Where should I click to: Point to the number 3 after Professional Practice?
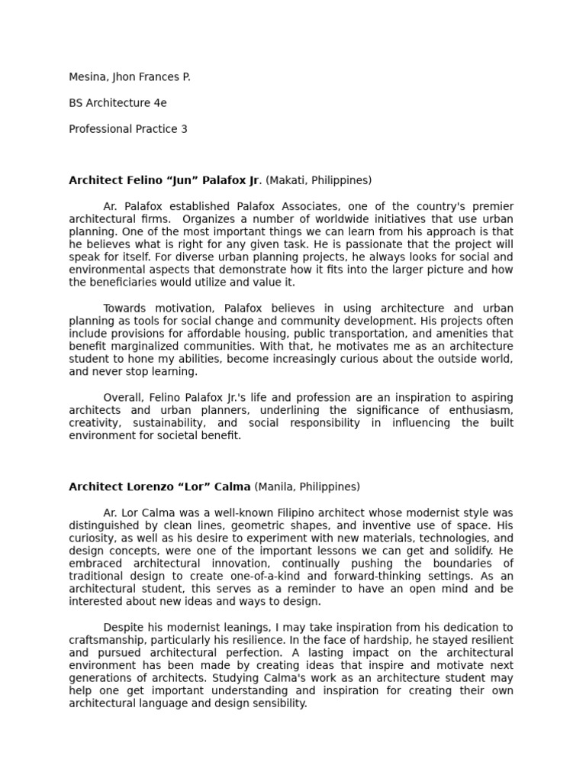click(184, 129)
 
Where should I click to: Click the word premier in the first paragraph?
click(493, 207)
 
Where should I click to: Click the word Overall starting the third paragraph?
click(124, 398)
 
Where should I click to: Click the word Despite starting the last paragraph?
click(124, 627)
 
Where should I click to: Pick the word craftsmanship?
click(109, 640)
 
